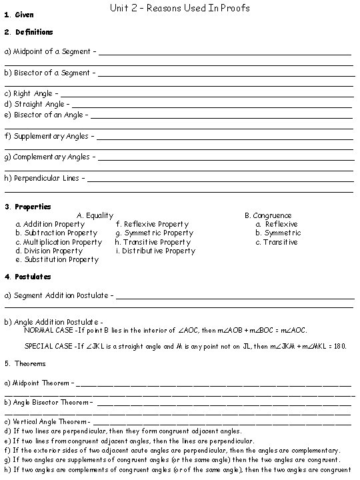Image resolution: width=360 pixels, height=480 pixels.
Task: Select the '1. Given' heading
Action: point(19,15)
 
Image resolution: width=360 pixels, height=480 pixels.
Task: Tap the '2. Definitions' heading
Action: point(29,32)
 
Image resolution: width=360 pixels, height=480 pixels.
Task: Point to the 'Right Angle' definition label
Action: point(33,93)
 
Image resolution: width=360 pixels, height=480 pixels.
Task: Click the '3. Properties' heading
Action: point(27,207)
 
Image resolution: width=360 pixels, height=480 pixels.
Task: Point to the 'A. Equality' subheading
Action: point(95,215)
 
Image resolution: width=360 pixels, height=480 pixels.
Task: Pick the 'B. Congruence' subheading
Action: point(268,215)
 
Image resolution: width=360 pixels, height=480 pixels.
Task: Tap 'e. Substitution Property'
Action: point(57,260)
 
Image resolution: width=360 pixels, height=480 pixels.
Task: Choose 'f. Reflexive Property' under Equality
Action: point(153,224)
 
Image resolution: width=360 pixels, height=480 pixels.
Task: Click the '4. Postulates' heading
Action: point(27,277)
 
